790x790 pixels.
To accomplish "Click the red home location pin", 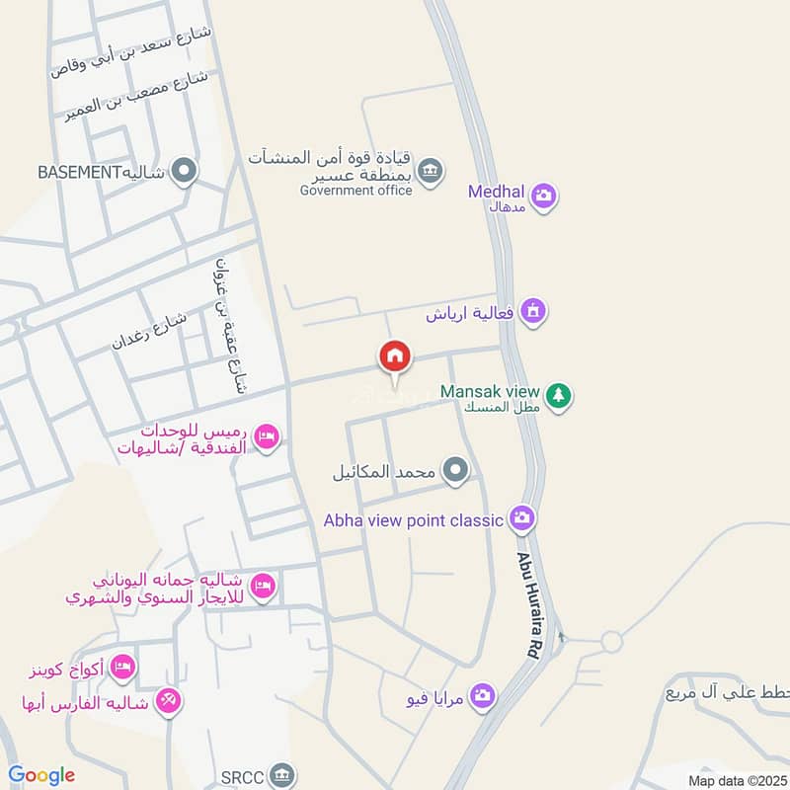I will click(x=395, y=356).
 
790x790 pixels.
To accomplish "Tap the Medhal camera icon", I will click(x=542, y=197).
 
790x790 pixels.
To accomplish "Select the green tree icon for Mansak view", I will click(x=559, y=396).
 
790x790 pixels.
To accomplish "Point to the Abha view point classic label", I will click(x=415, y=519).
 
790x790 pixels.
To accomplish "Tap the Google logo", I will click(x=41, y=775).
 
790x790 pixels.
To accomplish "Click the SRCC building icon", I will click(x=282, y=773).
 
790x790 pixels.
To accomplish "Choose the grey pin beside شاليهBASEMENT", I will click(x=184, y=172).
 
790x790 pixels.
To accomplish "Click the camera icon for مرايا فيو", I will click(x=482, y=698).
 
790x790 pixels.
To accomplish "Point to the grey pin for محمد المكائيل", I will click(x=455, y=471).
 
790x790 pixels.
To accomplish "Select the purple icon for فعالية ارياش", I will click(x=533, y=311).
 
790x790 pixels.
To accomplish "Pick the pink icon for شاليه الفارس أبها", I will click(x=169, y=702).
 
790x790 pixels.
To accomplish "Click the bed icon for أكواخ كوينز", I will click(x=121, y=667).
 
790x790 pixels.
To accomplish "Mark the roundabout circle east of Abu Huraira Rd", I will click(x=611, y=643).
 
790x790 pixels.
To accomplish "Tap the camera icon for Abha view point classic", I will click(x=521, y=517).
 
